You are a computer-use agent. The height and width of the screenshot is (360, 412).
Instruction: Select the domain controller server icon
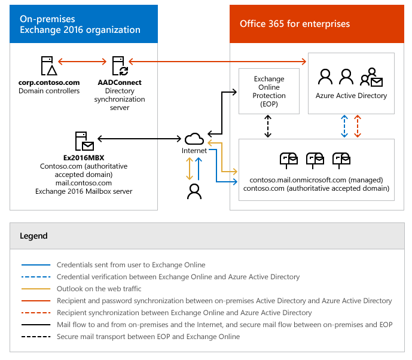point(49,66)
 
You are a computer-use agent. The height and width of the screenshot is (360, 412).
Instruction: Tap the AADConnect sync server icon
point(120,66)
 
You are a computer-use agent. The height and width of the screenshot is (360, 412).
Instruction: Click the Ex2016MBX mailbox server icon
point(84,141)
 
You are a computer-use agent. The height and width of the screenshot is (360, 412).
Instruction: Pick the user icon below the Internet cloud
point(194,191)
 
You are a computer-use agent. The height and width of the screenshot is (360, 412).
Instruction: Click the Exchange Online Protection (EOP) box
point(269,91)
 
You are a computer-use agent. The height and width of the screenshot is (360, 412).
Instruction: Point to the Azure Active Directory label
point(351,96)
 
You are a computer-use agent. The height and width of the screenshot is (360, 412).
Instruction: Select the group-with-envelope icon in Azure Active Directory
point(371,77)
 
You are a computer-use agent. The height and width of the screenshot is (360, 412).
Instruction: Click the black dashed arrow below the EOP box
point(268,126)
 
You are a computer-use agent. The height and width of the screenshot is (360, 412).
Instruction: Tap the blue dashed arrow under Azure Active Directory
point(344,126)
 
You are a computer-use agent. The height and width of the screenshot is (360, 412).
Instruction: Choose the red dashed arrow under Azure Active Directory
point(358,126)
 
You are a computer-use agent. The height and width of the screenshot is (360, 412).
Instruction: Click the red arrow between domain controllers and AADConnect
point(83,62)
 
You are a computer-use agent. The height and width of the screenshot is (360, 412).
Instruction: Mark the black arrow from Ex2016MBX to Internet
point(139,139)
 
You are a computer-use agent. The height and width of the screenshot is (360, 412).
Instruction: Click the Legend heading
point(33,236)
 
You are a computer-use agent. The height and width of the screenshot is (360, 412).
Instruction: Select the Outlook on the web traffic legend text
point(99,288)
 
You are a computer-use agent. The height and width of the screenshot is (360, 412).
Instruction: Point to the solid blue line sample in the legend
point(36,265)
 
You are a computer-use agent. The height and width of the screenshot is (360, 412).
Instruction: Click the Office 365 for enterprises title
point(295,24)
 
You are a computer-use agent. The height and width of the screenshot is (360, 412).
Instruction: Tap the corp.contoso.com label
point(49,83)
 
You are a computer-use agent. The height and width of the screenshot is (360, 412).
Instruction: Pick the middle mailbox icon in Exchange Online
point(315,160)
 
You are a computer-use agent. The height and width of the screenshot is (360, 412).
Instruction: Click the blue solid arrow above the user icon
point(199,169)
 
